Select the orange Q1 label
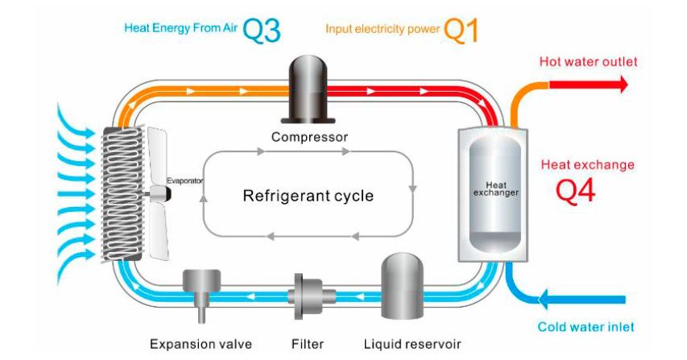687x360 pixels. [x=461, y=30]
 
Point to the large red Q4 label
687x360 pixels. [x=576, y=193]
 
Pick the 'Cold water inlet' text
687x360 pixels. [x=586, y=327]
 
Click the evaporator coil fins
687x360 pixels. [x=122, y=193]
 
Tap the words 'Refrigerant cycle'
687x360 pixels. [x=308, y=196]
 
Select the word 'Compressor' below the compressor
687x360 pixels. [x=309, y=136]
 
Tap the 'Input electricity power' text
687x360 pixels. [x=383, y=29]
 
